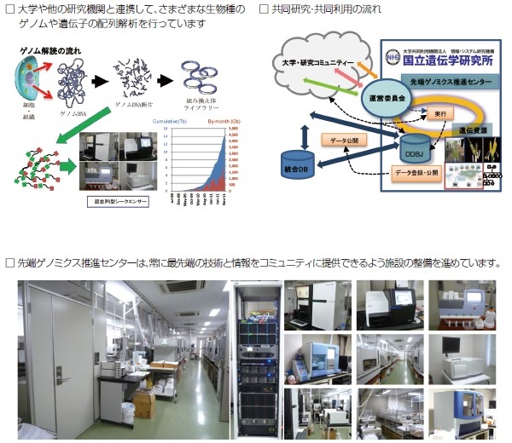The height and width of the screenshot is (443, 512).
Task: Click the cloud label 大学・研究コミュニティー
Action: pos(320,63)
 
